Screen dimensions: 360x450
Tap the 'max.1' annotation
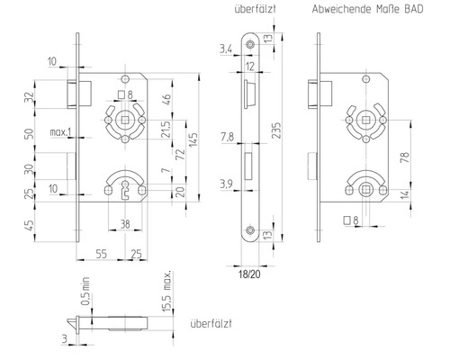tap(60, 133)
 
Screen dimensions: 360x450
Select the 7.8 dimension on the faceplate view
tap(228, 137)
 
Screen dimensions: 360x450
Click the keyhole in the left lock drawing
tap(124, 188)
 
